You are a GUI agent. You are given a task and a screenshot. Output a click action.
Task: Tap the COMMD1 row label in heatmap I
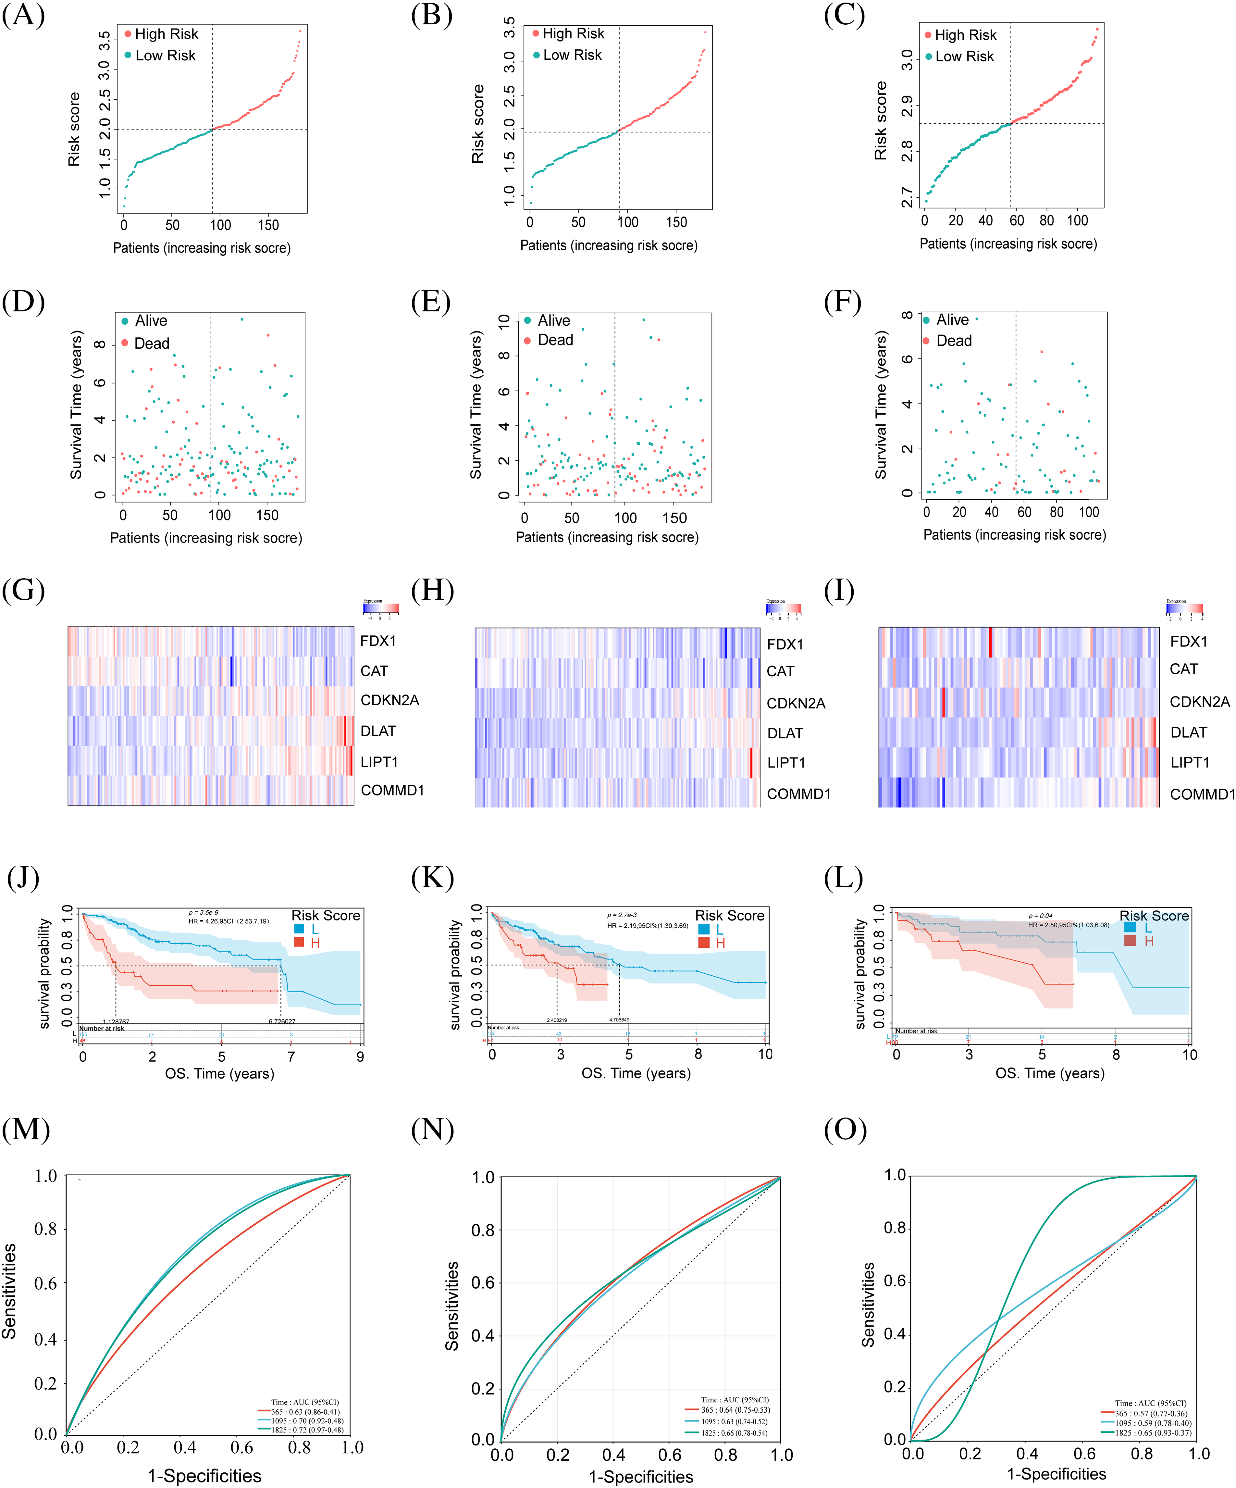pos(1202,794)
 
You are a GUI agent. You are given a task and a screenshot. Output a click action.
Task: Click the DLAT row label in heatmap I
pos(1189,733)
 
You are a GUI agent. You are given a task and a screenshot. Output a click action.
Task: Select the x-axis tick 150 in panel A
pos(268,225)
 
